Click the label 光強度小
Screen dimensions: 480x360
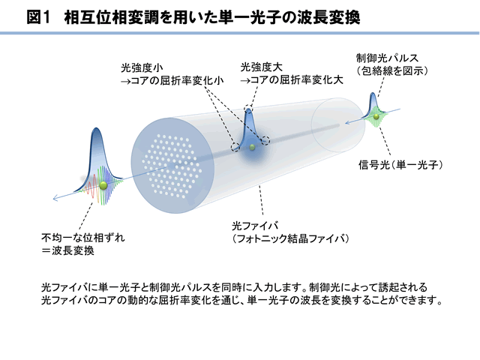(142, 67)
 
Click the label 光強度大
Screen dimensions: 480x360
(261, 67)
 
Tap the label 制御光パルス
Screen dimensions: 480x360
(387, 58)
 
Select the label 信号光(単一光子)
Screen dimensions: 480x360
(400, 165)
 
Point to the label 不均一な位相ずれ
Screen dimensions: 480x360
(83, 238)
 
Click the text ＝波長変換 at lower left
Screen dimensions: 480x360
(67, 250)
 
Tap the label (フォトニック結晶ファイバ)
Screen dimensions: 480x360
(290, 238)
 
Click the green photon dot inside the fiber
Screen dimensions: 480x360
(252, 147)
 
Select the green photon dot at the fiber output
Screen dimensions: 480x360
(103, 185)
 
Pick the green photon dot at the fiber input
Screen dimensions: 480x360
(376, 116)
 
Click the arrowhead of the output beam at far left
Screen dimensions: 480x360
(55, 198)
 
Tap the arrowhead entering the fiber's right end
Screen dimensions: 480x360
(347, 123)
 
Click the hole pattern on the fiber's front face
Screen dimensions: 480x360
(172, 166)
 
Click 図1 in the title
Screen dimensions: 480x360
(38, 17)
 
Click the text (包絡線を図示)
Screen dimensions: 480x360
(391, 70)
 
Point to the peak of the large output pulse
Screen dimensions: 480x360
(97, 128)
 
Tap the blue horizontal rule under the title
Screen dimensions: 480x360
(240, 33)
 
